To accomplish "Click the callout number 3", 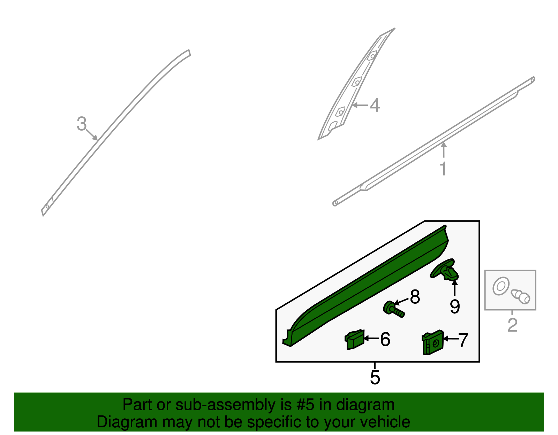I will (81, 124).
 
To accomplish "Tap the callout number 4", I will (375, 105).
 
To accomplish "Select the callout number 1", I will (443, 169).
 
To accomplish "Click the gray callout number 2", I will (512, 325).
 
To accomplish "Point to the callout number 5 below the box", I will (375, 377).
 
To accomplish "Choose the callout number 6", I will (385, 339).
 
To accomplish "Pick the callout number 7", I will (463, 340).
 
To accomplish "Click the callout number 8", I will (415, 297).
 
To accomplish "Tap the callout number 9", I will (454, 306).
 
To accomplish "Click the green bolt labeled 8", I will (394, 309).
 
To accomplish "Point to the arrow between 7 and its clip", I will (450, 338).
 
